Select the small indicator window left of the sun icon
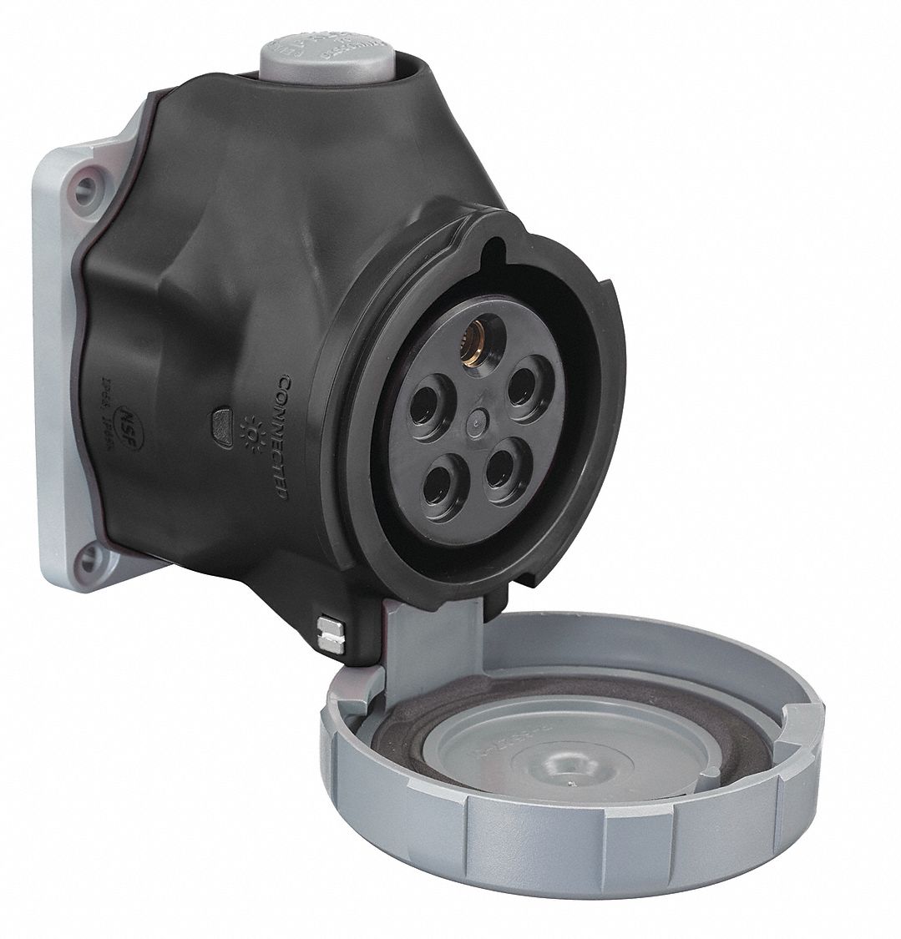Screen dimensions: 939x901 coord(223,415)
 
